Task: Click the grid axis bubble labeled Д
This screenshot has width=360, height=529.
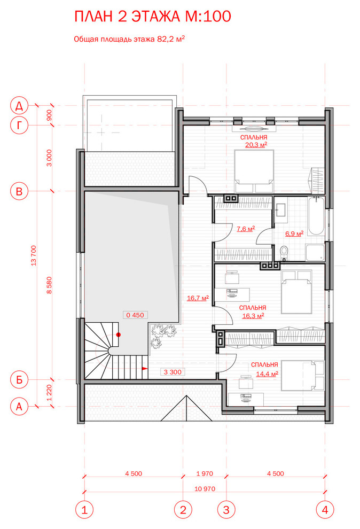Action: [x=19, y=106]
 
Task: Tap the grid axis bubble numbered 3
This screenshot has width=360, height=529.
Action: [x=226, y=510]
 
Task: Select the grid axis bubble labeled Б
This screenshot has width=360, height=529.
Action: [x=19, y=379]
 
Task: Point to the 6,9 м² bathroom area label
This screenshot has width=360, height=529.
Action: [x=294, y=234]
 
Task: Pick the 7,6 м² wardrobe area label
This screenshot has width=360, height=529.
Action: [x=245, y=229]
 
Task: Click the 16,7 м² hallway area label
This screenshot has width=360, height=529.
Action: [x=198, y=298]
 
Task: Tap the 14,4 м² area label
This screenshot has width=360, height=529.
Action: [x=267, y=374]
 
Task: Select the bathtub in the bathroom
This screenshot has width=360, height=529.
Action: [x=316, y=216]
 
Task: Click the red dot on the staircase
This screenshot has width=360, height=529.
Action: [x=119, y=334]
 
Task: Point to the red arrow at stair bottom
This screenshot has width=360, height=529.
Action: [x=145, y=368]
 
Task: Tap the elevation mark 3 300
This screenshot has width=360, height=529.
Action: [x=173, y=372]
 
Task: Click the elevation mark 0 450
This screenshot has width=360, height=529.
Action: [x=135, y=315]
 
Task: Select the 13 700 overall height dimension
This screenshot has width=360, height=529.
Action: [x=33, y=256]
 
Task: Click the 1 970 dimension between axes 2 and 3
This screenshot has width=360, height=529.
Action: [x=205, y=473]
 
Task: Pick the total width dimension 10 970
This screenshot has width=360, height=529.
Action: [x=205, y=488]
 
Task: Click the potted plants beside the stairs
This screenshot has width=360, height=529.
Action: [x=162, y=334]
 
